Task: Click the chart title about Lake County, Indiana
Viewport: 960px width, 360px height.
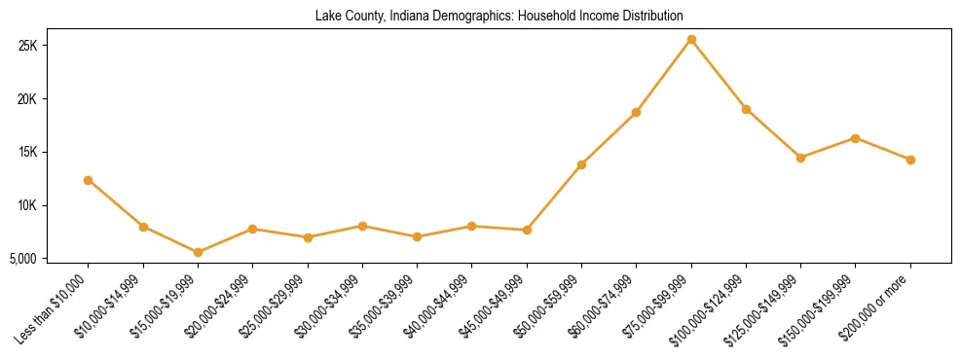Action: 499,16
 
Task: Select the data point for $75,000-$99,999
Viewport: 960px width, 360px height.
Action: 691,40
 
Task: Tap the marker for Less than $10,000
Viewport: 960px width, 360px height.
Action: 89,180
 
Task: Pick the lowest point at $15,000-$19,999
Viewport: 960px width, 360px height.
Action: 198,252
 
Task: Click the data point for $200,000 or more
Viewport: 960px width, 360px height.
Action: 910,160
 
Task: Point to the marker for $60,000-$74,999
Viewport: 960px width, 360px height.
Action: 636,113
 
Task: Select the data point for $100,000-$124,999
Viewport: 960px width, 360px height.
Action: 746,109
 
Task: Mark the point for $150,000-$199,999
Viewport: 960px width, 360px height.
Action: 855,138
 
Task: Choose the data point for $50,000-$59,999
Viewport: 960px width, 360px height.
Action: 581,164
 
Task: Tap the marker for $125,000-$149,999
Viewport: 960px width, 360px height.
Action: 800,158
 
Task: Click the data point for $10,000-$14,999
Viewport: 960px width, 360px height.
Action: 143,227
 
